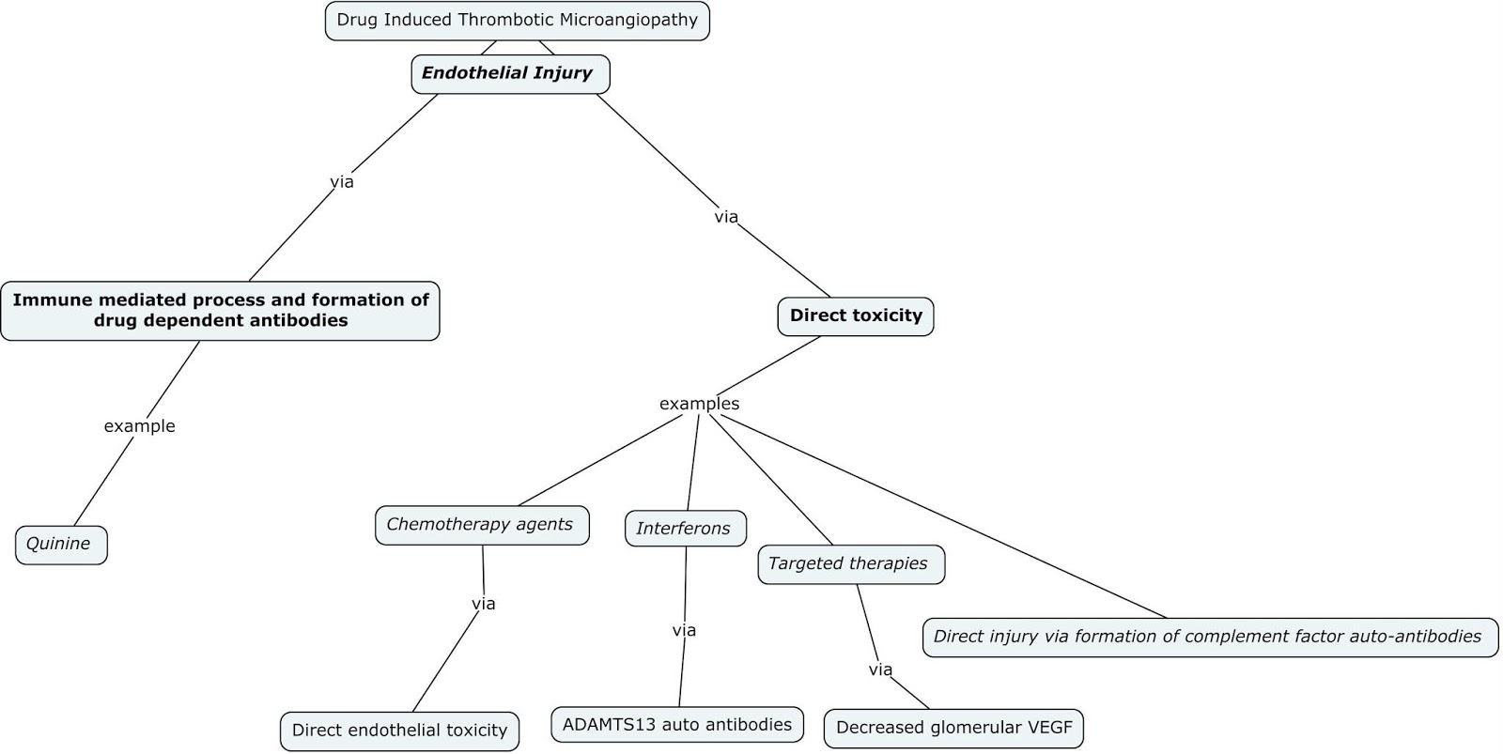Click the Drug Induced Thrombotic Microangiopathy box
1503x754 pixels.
pyautogui.click(x=517, y=21)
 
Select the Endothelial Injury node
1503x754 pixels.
pyautogui.click(x=510, y=73)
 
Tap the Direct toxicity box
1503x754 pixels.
pyautogui.click(x=855, y=316)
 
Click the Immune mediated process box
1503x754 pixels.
pyautogui.click(x=220, y=311)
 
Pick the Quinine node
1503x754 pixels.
pyautogui.click(x=61, y=545)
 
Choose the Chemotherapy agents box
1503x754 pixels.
pyautogui.click(x=481, y=525)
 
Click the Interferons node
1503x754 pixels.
pyautogui.click(x=685, y=529)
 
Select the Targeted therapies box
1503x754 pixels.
pyautogui.click(x=850, y=564)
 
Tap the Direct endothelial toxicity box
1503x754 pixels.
pyautogui.click(x=399, y=731)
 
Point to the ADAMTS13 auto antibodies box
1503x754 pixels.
pyautogui.click(x=676, y=725)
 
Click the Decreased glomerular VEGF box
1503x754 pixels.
pyautogui.click(x=953, y=728)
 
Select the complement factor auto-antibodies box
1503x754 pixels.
pyautogui.click(x=1209, y=637)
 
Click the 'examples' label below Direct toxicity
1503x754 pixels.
pyautogui.click(x=699, y=404)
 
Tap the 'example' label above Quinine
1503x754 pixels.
pyautogui.click(x=139, y=426)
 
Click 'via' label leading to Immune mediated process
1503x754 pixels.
pyautogui.click(x=342, y=181)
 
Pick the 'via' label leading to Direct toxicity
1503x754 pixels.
pyautogui.click(x=726, y=217)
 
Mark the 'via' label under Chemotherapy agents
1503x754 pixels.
pyautogui.click(x=483, y=604)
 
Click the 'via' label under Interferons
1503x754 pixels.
pyautogui.click(x=684, y=630)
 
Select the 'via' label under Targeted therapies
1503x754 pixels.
pyautogui.click(x=880, y=669)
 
